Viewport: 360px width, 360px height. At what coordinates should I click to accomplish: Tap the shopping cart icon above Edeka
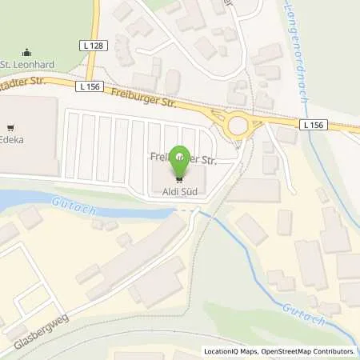coord(11,126)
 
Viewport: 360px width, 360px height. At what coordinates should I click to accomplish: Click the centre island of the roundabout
coord(237,125)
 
